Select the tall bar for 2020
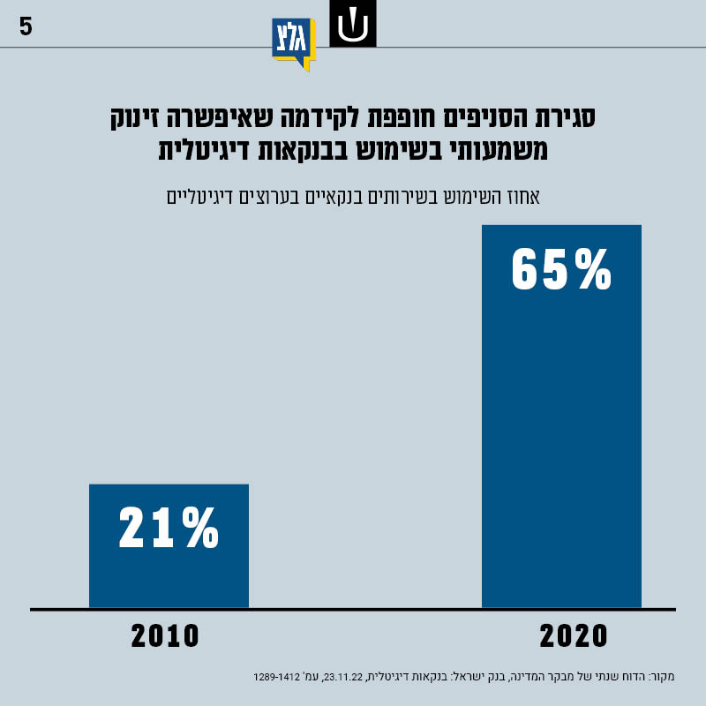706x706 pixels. coord(561,415)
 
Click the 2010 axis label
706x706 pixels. coord(166,636)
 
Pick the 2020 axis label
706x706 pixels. coord(574,636)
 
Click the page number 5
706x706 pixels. coord(26,26)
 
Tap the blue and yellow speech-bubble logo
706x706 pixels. coord(293,43)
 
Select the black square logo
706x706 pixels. coord(353,24)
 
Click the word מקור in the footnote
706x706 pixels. coord(660,677)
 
